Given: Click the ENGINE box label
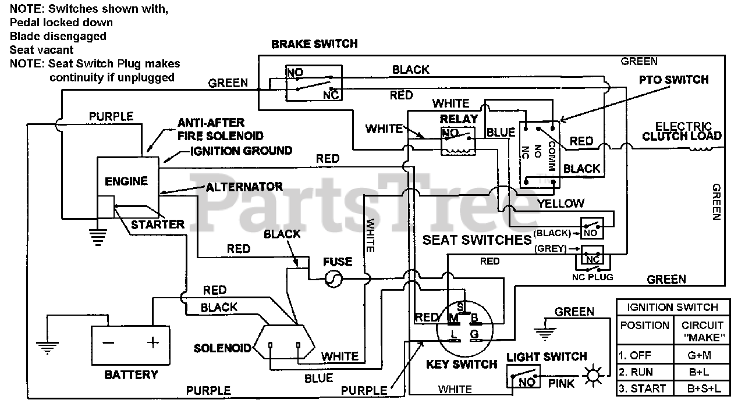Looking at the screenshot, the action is click(x=126, y=181).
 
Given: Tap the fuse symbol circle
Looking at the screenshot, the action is click(x=334, y=279).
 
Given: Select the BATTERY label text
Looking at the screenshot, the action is click(x=131, y=375).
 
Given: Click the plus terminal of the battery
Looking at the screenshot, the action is click(x=152, y=342).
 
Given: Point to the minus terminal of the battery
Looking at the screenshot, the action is click(x=108, y=342).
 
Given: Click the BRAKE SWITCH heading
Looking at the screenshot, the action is click(x=314, y=44).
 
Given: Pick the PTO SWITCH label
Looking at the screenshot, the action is click(x=674, y=80).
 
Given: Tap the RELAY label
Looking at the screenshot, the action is click(x=459, y=119).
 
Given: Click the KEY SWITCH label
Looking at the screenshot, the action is click(x=462, y=365).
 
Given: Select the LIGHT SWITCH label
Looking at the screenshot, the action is click(x=547, y=356).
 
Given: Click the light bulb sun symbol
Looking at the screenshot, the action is click(x=593, y=376).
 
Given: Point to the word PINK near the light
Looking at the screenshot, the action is click(x=561, y=383).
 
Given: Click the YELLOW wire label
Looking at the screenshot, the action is click(x=560, y=203).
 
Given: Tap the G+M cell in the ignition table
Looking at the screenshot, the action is click(x=699, y=355).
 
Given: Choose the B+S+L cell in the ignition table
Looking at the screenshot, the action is click(x=704, y=388).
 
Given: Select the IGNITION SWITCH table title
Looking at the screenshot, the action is click(x=672, y=308).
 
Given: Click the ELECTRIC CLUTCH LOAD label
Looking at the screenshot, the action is click(x=682, y=131).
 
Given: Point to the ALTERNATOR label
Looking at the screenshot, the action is click(x=244, y=187).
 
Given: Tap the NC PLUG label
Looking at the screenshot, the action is click(x=593, y=277).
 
